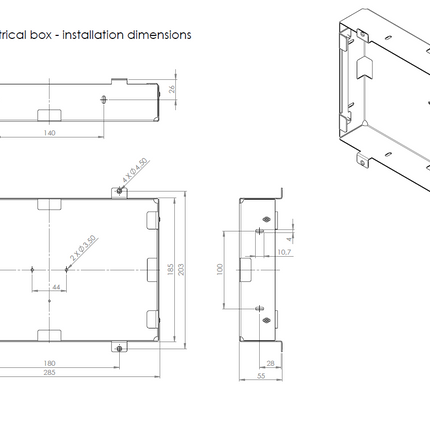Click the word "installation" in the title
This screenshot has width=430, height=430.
coord(102,35)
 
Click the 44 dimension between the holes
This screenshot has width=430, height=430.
coord(56,287)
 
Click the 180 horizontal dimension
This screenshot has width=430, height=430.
coord(48,363)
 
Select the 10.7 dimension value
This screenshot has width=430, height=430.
coord(283,252)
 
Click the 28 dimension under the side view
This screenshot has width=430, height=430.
coord(271,363)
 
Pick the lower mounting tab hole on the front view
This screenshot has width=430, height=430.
coord(120,347)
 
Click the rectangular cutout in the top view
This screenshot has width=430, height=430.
coord(47,112)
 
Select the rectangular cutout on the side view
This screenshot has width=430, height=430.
coord(246,269)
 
